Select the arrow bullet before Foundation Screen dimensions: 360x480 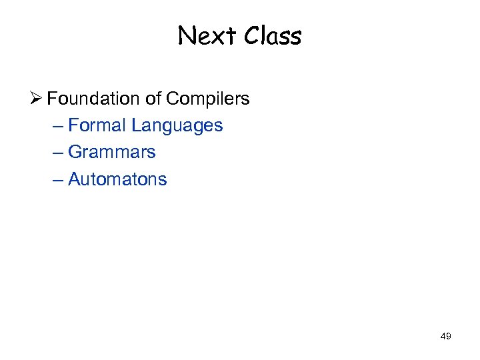37,99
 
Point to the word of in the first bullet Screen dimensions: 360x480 153,99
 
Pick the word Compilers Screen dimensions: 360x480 208,99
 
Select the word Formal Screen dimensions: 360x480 97,125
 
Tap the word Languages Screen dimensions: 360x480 177,126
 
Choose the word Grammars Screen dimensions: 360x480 112,152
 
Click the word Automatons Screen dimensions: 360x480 117,179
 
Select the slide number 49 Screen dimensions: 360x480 446,337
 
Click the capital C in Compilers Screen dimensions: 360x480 173,99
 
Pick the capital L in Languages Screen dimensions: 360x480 135,125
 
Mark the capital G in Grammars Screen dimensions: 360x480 74,152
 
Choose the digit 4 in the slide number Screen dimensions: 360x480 443,337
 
